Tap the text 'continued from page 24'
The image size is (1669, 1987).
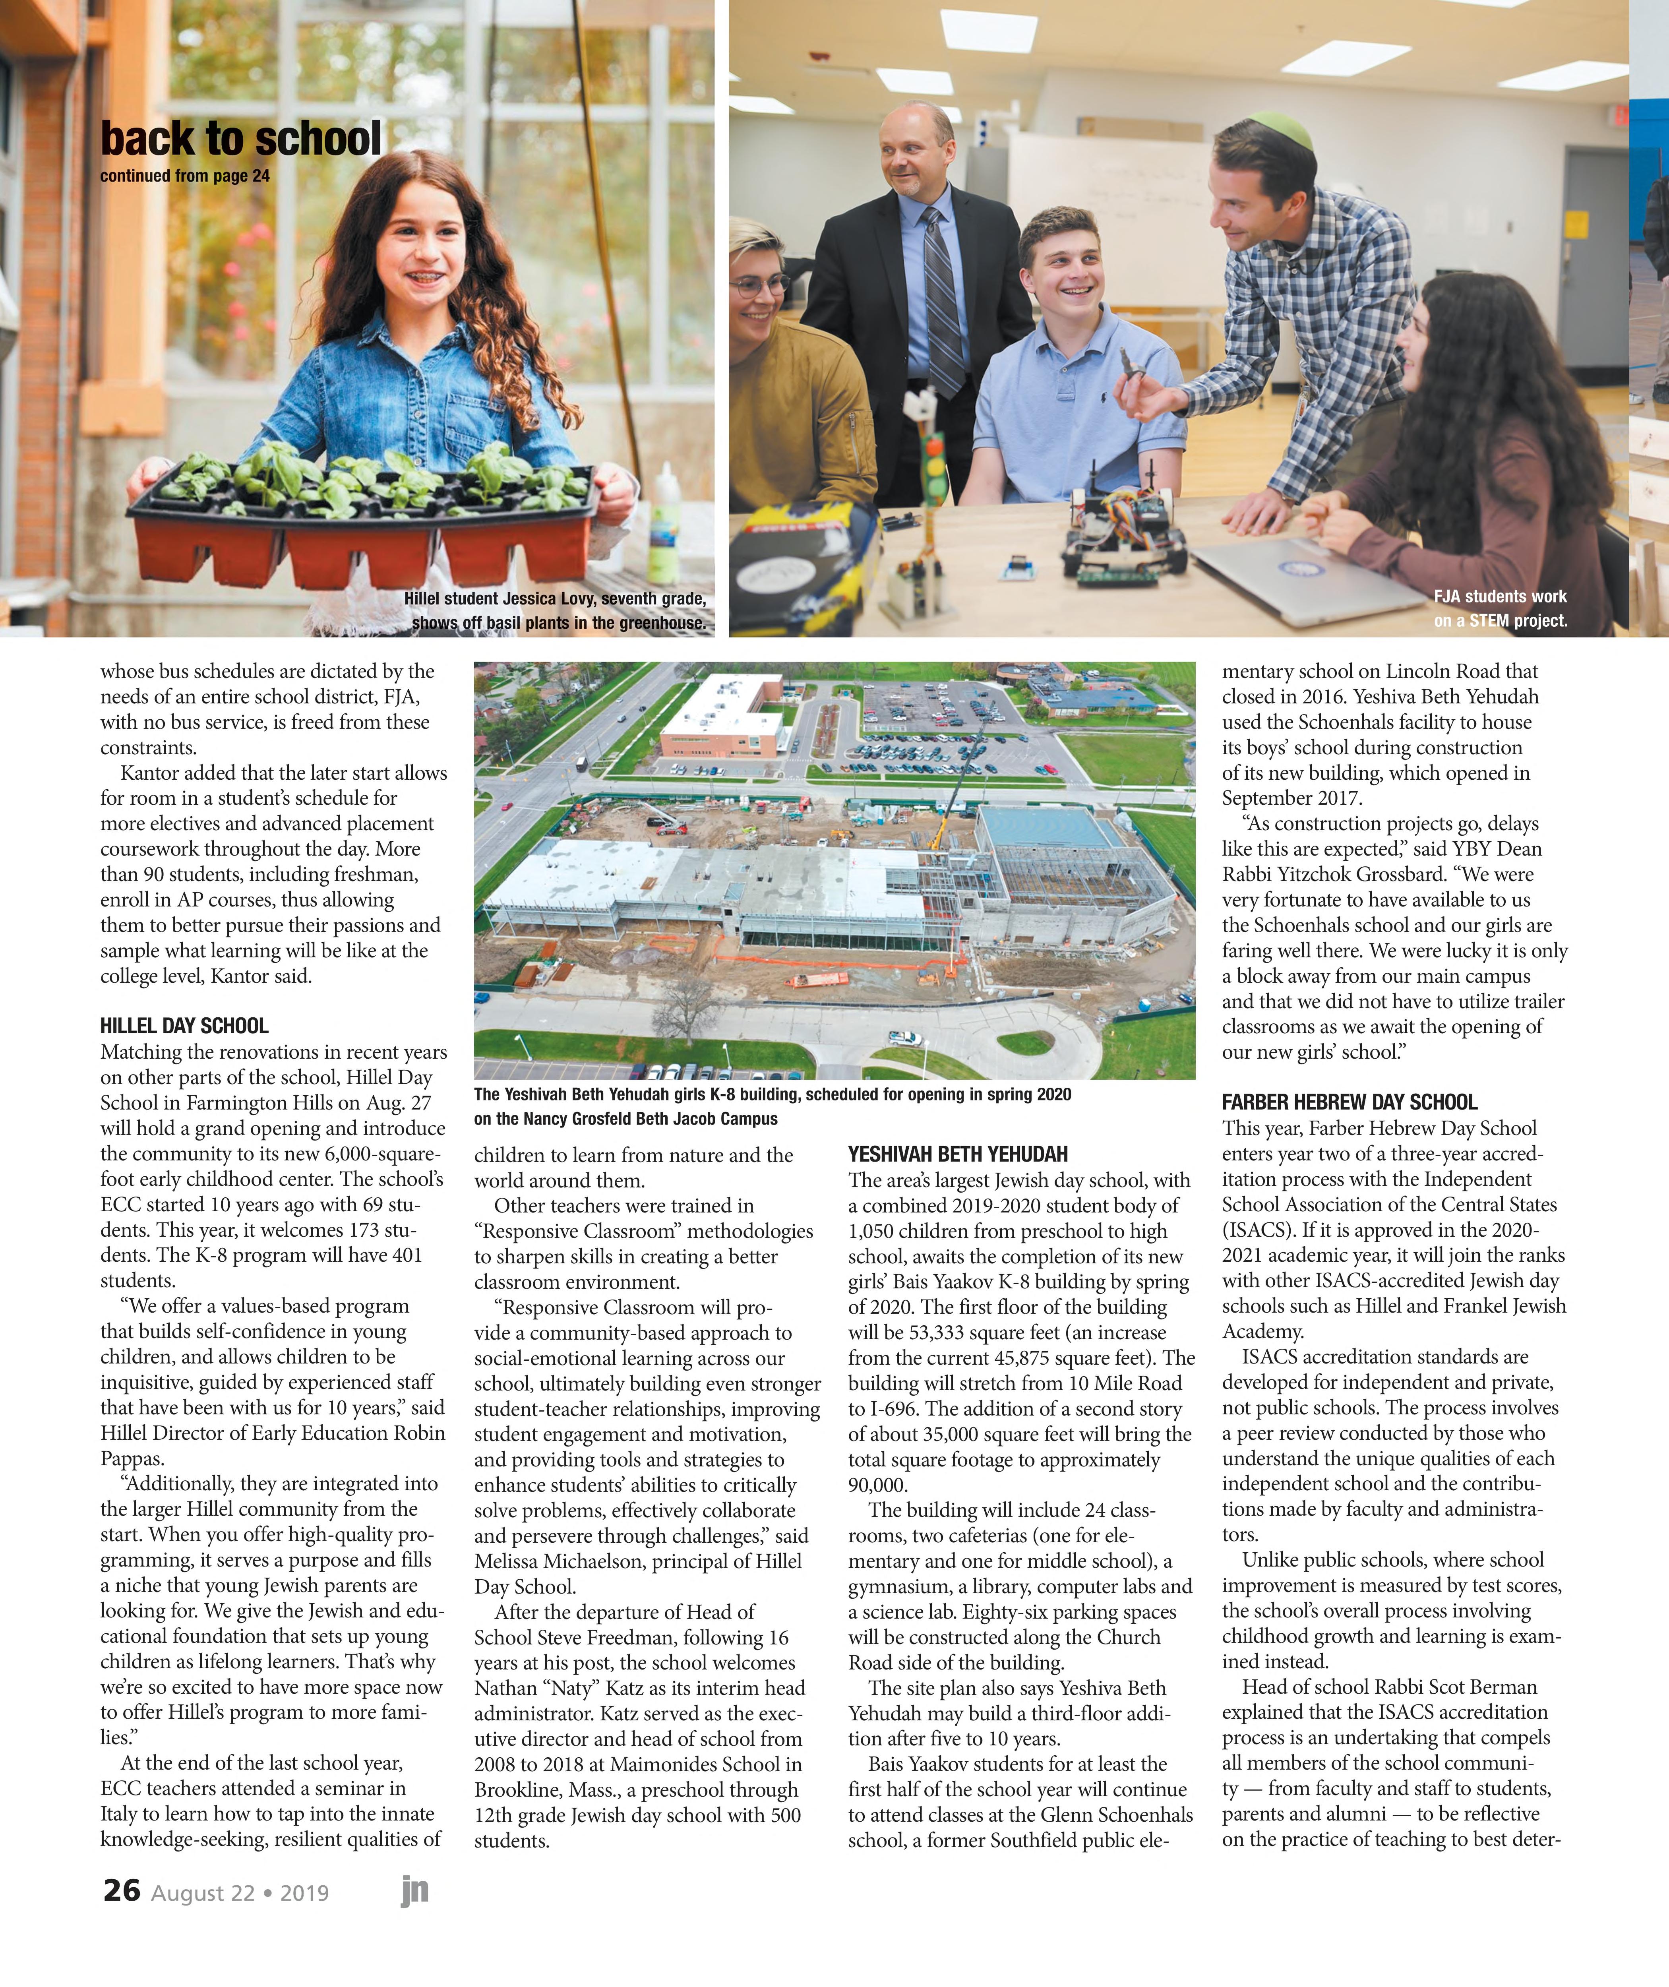pyautogui.click(x=184, y=176)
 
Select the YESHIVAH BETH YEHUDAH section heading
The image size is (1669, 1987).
pyautogui.click(x=958, y=1154)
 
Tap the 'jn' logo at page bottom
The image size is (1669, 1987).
pyautogui.click(x=414, y=1890)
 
